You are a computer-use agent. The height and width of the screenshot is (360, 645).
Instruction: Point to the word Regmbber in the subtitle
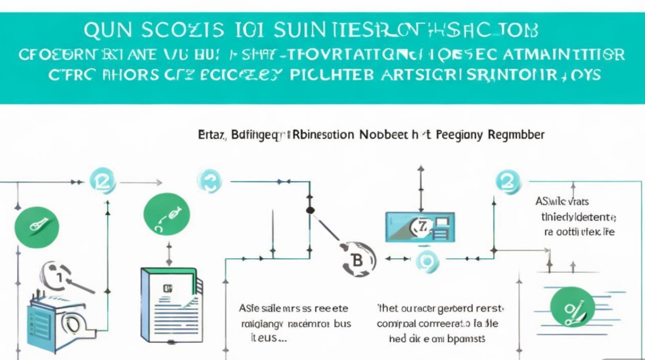tap(516, 135)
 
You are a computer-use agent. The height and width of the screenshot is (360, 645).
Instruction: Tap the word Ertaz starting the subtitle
tap(211, 135)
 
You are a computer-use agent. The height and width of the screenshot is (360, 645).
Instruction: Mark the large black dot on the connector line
tap(310, 210)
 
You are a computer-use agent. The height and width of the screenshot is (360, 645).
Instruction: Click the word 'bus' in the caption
tap(342, 324)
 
